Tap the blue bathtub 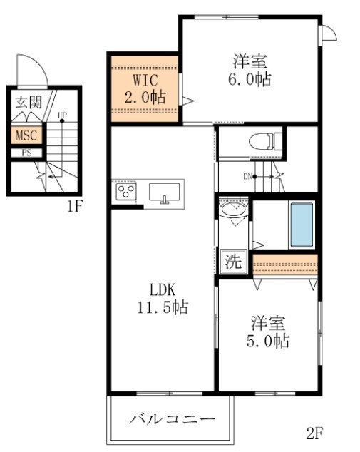click(302, 225)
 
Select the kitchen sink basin click(164, 192)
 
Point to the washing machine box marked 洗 click(234, 262)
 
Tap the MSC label click(26, 135)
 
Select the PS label click(26, 153)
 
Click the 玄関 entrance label click(29, 102)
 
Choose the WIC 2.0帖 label click(145, 88)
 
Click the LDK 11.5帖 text click(163, 298)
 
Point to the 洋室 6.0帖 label click(250, 70)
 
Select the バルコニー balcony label click(172, 418)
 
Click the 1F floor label click(75, 207)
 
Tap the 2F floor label click(315, 433)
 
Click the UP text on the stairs click(62, 115)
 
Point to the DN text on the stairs click(247, 176)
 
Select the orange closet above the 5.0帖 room click(285, 264)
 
